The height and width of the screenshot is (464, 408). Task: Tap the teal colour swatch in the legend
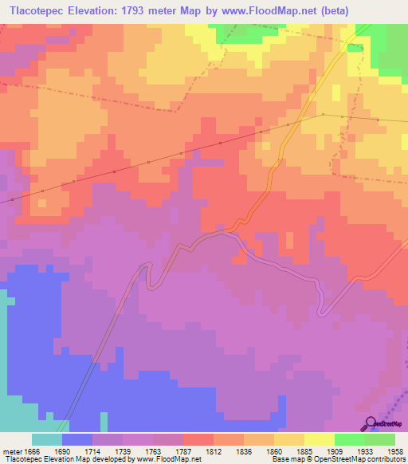[47, 439]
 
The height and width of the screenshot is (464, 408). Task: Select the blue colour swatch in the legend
[77, 439]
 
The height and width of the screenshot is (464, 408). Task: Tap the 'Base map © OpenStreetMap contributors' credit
[338, 459]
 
